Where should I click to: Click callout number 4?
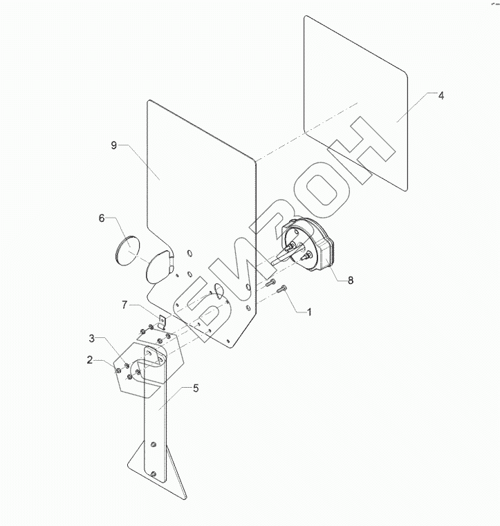(x=441, y=95)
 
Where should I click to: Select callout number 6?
(x=102, y=218)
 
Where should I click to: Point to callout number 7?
(x=124, y=303)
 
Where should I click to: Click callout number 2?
(x=90, y=359)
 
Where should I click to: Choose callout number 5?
(x=196, y=388)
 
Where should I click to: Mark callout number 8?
(x=350, y=281)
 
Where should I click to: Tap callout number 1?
(x=309, y=312)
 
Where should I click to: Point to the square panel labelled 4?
(x=356, y=104)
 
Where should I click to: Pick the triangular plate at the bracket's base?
(x=173, y=477)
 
